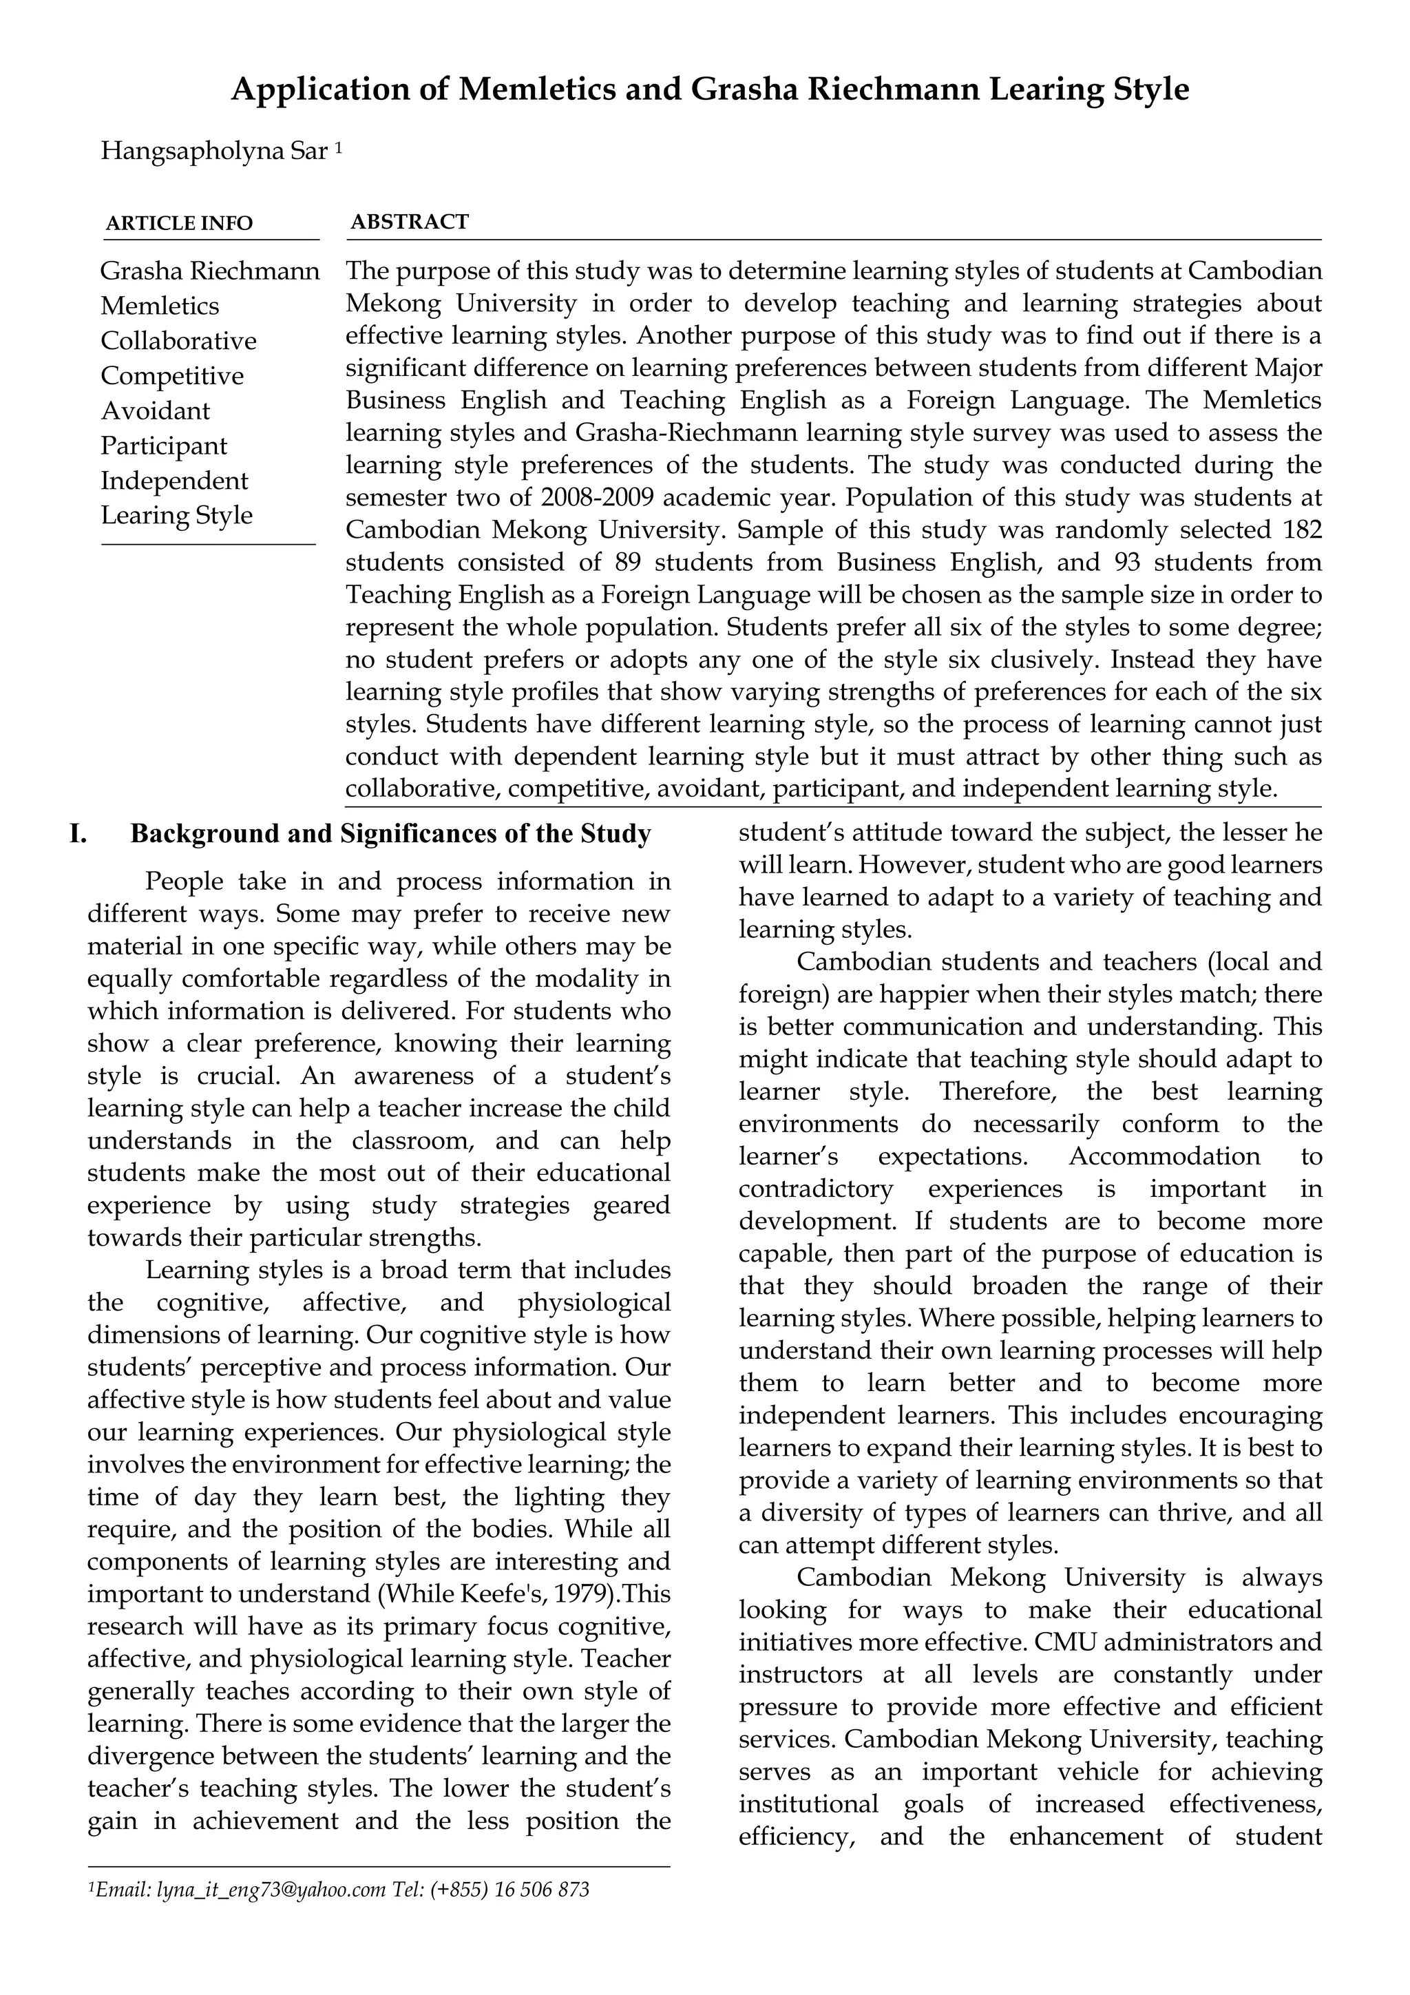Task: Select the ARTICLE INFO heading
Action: [179, 223]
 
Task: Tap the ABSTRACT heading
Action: [409, 222]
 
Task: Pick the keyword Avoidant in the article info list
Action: [156, 410]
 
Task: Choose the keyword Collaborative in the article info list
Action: [178, 341]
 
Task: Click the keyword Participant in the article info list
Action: [163, 446]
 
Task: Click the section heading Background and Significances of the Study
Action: [390, 834]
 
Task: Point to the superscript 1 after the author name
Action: [338, 147]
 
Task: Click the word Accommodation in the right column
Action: [1164, 1156]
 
